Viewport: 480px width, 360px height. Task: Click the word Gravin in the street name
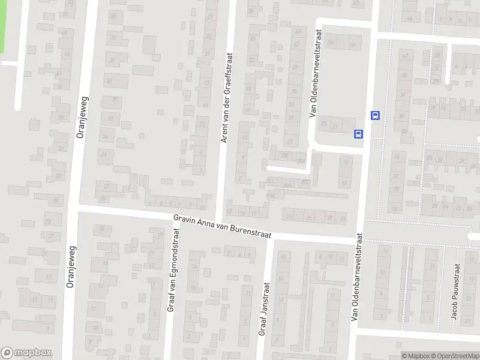click(184, 220)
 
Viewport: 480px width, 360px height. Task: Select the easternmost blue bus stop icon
click(376, 115)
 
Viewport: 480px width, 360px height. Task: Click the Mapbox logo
click(26, 353)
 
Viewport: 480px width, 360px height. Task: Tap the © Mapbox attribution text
click(414, 356)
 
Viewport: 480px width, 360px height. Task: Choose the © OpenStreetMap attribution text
click(454, 356)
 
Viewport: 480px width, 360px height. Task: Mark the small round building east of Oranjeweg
click(141, 136)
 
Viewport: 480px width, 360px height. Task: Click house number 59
click(353, 46)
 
